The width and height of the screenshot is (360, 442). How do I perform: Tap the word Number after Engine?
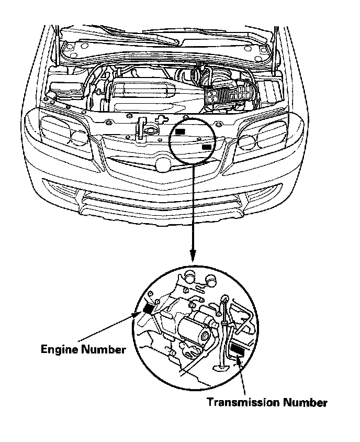[x=105, y=349]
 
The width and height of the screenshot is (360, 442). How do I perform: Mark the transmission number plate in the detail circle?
[x=238, y=351]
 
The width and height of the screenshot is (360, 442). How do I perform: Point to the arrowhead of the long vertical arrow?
[x=193, y=255]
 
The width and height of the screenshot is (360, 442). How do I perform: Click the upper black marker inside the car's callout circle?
[x=181, y=132]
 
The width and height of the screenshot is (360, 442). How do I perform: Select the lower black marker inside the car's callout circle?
[x=207, y=147]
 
